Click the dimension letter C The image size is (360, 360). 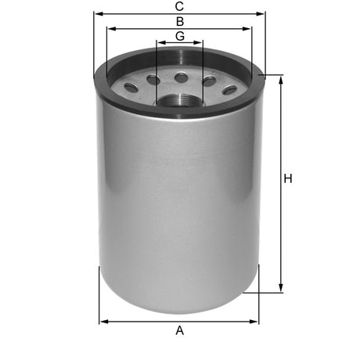180,6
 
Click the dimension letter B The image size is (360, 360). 180,21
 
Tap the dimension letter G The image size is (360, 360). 180,36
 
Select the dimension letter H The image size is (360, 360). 288,180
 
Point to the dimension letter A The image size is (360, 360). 180,331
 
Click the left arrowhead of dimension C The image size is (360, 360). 96,13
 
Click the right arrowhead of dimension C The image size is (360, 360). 264,13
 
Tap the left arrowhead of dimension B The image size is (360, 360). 109,28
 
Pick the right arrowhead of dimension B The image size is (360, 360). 250,28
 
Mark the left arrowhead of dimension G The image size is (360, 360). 159,44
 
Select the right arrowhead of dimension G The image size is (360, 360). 201,44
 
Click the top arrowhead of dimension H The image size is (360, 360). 279,77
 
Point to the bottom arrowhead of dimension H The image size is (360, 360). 279,290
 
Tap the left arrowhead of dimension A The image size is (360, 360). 102,320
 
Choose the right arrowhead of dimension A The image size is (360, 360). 256,320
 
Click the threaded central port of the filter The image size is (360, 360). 180,99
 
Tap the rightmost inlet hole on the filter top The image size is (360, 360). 229,89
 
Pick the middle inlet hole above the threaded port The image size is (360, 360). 181,77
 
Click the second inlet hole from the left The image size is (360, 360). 153,80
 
